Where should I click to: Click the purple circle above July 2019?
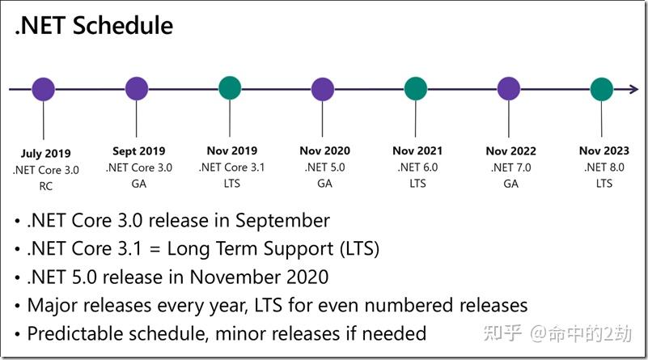click(44, 89)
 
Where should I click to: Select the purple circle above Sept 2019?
click(137, 88)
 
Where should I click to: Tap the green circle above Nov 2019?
click(230, 88)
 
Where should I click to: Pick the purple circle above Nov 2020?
click(322, 89)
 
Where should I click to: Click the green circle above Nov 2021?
click(415, 88)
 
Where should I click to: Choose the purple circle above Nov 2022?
click(509, 88)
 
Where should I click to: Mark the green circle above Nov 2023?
click(602, 89)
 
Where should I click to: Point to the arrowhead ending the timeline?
click(634, 89)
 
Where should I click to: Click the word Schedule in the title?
click(123, 25)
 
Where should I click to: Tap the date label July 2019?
click(46, 154)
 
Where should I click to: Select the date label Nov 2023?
click(604, 150)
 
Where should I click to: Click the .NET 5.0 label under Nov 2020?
click(325, 167)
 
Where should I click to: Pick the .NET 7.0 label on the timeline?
click(511, 167)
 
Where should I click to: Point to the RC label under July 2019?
click(46, 186)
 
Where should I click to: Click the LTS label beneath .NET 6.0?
click(417, 183)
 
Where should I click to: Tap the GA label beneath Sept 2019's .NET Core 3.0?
click(139, 184)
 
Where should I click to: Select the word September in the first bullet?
click(282, 221)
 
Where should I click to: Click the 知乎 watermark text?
click(502, 333)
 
